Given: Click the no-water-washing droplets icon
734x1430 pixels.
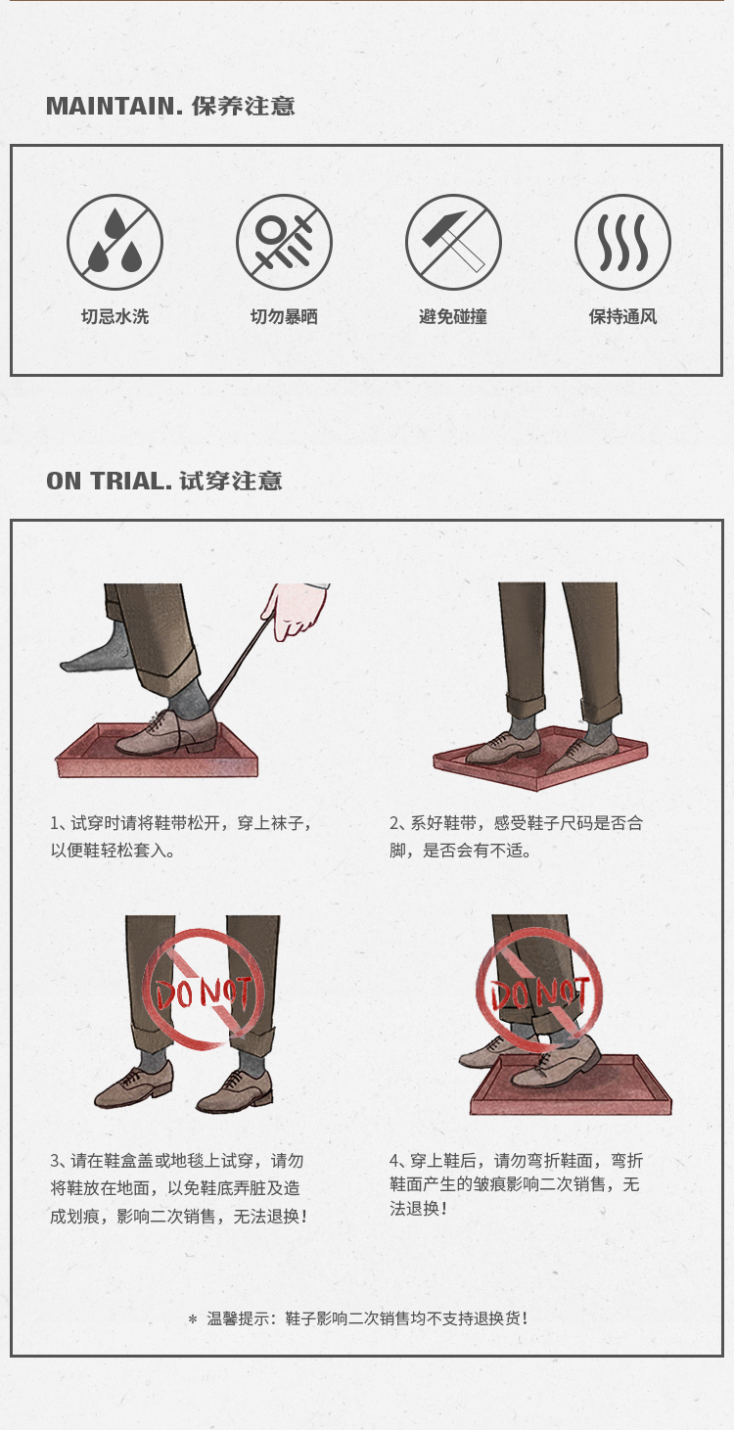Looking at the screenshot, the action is coord(115,242).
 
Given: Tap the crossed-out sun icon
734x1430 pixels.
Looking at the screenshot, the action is coord(284,242).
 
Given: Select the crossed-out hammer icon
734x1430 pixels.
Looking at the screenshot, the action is coord(453,242).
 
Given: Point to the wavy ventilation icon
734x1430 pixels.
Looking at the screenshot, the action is coord(622,242).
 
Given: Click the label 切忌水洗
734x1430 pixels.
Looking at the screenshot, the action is coord(115,317).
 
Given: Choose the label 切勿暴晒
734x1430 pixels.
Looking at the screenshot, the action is coord(284,317).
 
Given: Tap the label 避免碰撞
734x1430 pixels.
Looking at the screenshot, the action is coord(453,317).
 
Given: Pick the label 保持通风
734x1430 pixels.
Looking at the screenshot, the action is coord(622,317).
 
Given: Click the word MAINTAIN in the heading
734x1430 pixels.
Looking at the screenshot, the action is coord(110,106).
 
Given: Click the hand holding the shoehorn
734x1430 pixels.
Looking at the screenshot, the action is coord(296,610).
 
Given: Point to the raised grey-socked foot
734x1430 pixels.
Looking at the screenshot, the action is coord(96,648).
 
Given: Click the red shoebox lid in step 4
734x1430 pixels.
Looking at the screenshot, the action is coord(571,1085).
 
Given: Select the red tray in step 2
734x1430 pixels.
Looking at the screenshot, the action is coord(540,760).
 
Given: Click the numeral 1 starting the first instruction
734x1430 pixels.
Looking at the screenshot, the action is coord(55,823).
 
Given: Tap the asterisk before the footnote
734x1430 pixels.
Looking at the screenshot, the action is coord(192,1319).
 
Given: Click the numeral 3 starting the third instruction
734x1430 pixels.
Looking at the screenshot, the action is coord(55,1161).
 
